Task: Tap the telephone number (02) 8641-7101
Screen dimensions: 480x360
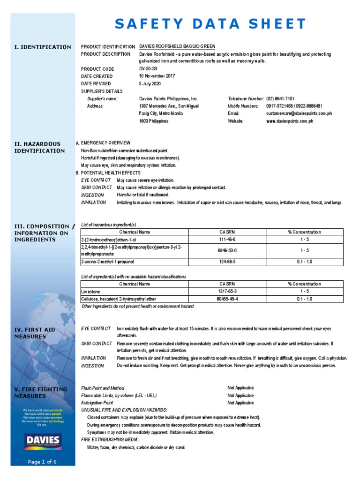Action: (x=280, y=99)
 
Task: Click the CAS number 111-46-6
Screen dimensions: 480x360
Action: (x=227, y=240)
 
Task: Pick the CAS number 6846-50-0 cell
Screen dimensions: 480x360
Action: (x=227, y=250)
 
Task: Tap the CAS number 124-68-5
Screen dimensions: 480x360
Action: (x=227, y=262)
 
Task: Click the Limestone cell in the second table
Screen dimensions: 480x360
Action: (x=90, y=291)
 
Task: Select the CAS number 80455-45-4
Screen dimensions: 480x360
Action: (x=227, y=299)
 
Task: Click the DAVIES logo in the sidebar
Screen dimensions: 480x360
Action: (x=43, y=440)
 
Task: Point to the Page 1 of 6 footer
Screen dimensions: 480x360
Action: (x=43, y=462)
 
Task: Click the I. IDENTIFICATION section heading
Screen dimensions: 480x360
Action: (x=43, y=47)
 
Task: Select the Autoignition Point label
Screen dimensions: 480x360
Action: (x=97, y=403)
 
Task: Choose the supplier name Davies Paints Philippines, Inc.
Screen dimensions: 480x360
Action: (x=169, y=99)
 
